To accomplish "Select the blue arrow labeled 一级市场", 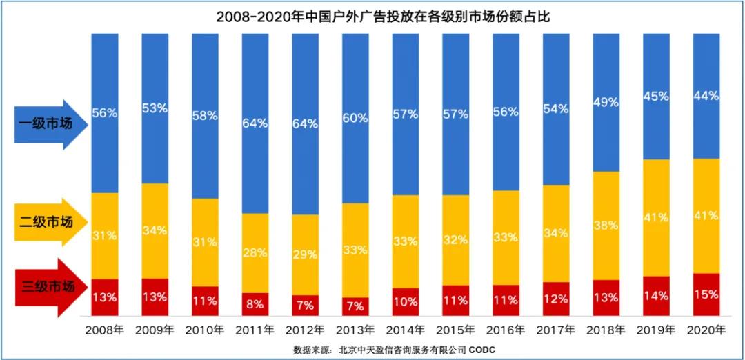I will click(x=52, y=125).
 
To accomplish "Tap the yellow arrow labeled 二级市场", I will click(x=52, y=221).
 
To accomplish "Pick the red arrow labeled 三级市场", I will click(x=52, y=286).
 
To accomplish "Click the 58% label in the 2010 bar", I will click(x=204, y=116).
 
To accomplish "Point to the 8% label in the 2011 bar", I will click(x=254, y=301).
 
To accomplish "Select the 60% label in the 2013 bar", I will click(x=355, y=118).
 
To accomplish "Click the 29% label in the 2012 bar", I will click(x=304, y=254).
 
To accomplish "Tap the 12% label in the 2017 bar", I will click(x=555, y=299).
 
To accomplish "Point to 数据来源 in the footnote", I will click(x=312, y=350).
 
